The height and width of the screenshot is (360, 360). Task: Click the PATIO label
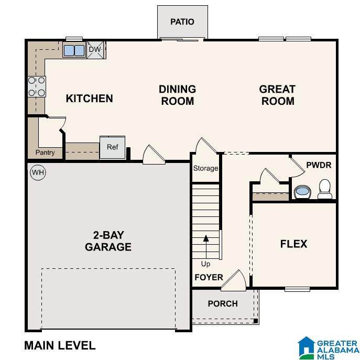pyautogui.click(x=182, y=22)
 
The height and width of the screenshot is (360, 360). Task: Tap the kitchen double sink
pyautogui.click(x=74, y=50)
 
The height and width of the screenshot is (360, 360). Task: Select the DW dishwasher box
pyautogui.click(x=95, y=50)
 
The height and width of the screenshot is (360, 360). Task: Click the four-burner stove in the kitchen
pyautogui.click(x=37, y=86)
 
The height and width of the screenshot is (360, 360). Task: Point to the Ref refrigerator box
pyautogui.click(x=113, y=147)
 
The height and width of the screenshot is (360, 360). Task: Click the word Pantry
pyautogui.click(x=45, y=152)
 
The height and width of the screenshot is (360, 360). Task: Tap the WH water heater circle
pyautogui.click(x=38, y=172)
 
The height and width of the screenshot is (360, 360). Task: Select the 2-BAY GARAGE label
pyautogui.click(x=108, y=241)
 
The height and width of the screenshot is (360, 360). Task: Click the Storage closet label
pyautogui.click(x=205, y=168)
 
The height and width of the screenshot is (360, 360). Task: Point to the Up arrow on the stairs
pyautogui.click(x=206, y=247)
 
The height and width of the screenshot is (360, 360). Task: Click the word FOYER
pyautogui.click(x=209, y=277)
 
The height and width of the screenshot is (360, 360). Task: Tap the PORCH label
pyautogui.click(x=223, y=304)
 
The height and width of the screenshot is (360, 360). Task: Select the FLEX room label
pyautogui.click(x=293, y=244)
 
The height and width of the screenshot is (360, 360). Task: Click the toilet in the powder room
pyautogui.click(x=325, y=189)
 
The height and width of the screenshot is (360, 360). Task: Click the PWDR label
pyautogui.click(x=319, y=165)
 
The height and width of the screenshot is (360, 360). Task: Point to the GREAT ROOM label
pyautogui.click(x=277, y=95)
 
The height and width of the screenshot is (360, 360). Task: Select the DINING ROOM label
pyautogui.click(x=178, y=95)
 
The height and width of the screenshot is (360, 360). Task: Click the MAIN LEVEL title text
pyautogui.click(x=60, y=345)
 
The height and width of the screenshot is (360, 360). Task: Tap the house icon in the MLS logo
pyautogui.click(x=306, y=347)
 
